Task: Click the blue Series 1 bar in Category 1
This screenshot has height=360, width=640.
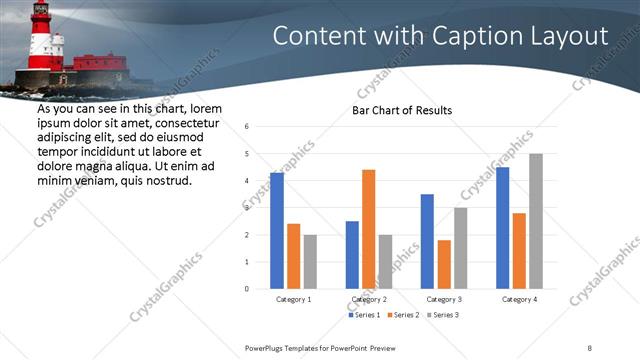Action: point(277,231)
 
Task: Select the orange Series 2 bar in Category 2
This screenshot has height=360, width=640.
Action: point(368,229)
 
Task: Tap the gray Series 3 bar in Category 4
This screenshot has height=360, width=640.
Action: point(536,221)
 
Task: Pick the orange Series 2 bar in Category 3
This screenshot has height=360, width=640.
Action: point(443,264)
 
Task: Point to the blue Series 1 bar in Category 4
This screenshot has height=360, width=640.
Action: point(502,228)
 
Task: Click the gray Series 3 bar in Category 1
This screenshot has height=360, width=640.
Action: point(310,262)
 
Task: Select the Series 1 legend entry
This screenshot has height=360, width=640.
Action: point(365,315)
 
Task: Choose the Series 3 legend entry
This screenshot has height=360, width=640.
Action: point(443,315)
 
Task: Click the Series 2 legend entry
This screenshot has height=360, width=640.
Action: point(404,315)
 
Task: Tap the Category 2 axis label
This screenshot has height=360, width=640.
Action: point(369,299)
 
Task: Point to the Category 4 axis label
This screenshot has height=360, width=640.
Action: point(519,299)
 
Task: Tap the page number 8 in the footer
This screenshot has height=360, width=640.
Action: point(590,347)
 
